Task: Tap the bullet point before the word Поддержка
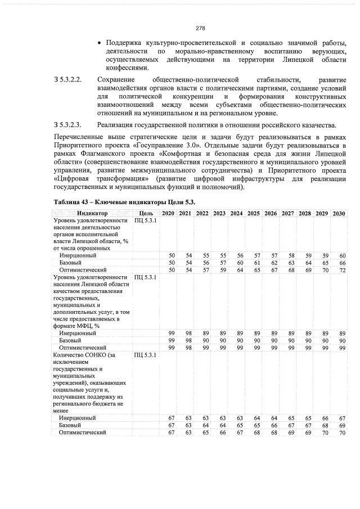pos(100,43)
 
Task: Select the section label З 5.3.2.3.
pos(68,124)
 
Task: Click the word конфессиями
pos(127,68)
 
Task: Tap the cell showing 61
pos(256,263)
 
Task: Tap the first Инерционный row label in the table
pos(78,255)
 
